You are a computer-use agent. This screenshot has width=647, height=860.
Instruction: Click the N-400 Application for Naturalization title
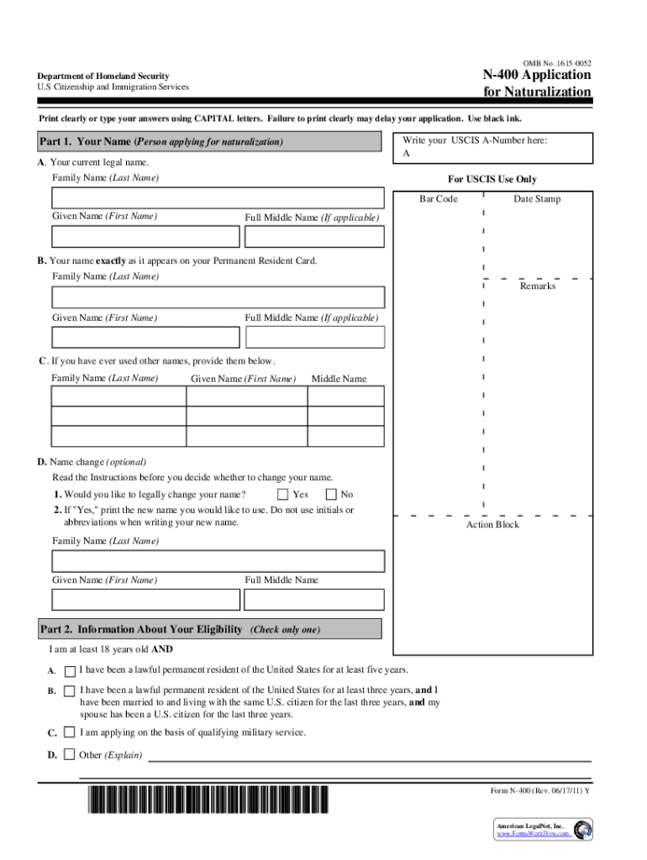pos(536,83)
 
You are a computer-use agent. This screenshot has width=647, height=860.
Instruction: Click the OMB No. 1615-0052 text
pos(556,64)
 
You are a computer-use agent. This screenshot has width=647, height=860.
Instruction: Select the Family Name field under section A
pos(218,198)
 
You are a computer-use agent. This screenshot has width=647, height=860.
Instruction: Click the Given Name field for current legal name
pos(145,237)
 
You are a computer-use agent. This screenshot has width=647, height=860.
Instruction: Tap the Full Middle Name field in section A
pos(313,237)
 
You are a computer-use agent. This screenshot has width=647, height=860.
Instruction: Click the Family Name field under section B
pos(218,297)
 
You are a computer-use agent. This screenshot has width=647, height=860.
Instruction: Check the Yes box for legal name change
pos(283,495)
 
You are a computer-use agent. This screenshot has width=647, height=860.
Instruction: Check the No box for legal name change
pos(331,495)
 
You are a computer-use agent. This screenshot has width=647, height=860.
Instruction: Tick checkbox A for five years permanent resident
pos(69,670)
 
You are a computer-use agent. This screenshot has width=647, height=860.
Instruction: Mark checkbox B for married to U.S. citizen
pos(69,690)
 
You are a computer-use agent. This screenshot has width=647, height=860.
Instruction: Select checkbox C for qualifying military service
pos(69,732)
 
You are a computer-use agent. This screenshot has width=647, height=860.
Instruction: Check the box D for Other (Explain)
pos(69,754)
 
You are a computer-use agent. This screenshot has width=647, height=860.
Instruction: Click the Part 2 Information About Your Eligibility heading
pos(180,629)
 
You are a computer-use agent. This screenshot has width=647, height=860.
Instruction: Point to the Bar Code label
pos(439,199)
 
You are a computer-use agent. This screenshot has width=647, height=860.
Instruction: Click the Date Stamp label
pos(537,199)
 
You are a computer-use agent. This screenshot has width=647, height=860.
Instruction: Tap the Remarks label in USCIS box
pos(537,286)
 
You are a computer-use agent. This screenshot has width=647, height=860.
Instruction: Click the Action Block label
pos(492,525)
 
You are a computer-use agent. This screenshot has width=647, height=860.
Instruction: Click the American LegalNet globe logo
pos(582,829)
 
